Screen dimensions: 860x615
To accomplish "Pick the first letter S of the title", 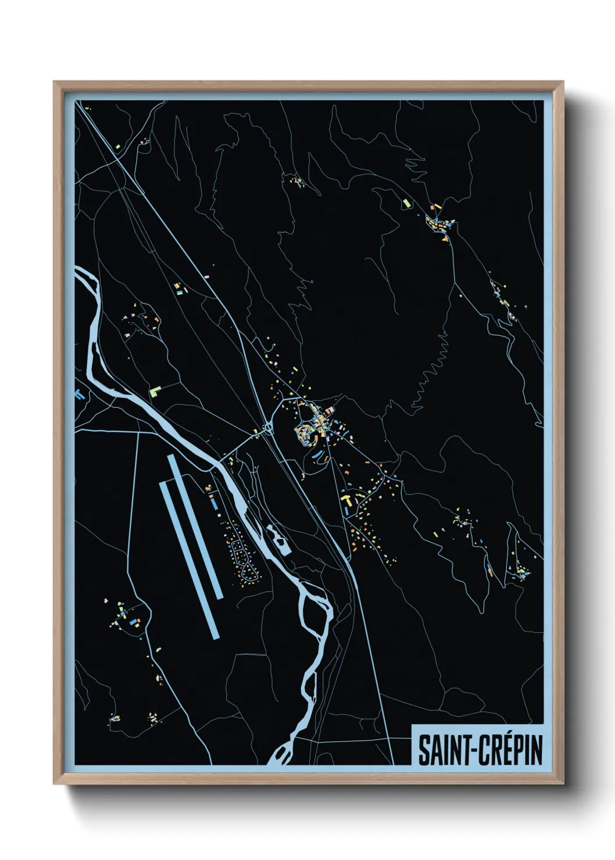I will pos(424,751).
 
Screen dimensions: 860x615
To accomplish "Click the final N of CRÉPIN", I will pos(537,751).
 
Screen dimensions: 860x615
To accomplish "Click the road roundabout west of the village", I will pos(268,429).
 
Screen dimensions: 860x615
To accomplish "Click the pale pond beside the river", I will pos(278,539).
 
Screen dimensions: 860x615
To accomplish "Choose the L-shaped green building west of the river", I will pos(155,391).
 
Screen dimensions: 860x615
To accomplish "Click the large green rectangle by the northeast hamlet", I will pos(406,203).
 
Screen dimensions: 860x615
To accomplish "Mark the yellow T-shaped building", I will pos(348,499).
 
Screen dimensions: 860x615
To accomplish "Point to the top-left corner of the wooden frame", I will pos(54,82).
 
